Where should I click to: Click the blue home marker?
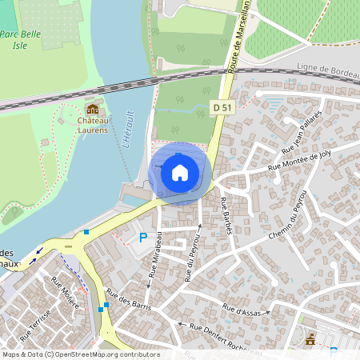tap(180, 173)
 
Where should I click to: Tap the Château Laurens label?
tap(93, 124)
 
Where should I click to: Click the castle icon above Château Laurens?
tap(93, 109)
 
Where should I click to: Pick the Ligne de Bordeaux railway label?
tap(328, 71)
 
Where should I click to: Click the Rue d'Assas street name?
tap(239, 309)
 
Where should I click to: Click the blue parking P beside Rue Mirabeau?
tap(144, 238)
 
